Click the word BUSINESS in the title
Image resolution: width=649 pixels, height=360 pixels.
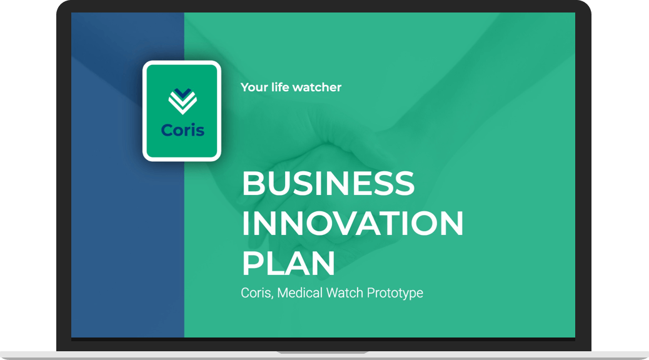click(328, 183)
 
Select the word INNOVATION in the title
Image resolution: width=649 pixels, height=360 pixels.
click(353, 223)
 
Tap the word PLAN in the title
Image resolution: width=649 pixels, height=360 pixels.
click(288, 263)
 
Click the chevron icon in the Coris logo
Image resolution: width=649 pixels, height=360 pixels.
click(183, 101)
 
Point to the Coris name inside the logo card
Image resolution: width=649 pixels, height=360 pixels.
click(183, 130)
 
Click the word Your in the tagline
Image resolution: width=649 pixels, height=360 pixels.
click(254, 87)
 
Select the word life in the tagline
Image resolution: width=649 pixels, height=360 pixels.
click(280, 87)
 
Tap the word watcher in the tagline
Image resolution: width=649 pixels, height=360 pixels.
click(317, 87)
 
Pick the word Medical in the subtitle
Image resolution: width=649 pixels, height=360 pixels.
click(299, 292)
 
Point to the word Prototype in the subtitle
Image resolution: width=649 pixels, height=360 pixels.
click(395, 293)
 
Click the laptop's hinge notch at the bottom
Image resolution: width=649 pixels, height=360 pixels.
click(323, 352)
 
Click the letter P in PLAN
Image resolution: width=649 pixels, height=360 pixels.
click(253, 263)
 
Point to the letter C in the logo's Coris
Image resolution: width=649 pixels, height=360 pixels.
click(167, 131)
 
